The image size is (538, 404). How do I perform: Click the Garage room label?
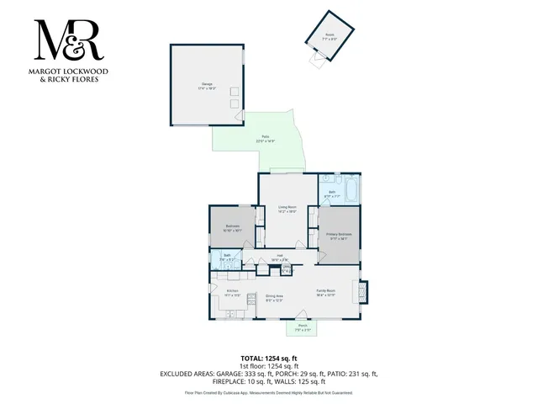207,84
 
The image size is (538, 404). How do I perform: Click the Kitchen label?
233,294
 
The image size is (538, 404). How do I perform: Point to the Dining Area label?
274,296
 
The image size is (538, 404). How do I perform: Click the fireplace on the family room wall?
363,291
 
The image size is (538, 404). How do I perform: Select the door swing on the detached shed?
315,59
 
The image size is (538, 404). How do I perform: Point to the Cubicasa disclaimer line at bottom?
268,392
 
